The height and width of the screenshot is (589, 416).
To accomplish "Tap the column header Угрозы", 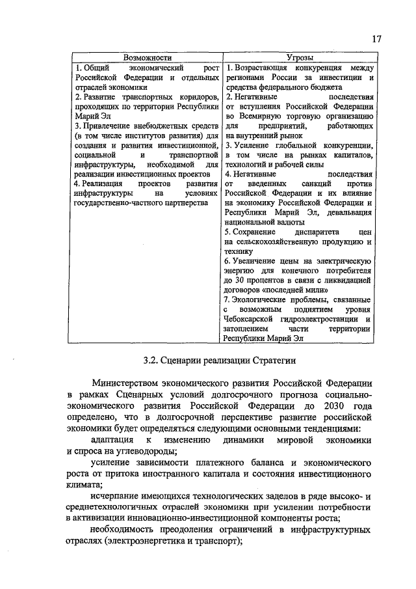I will [300, 58].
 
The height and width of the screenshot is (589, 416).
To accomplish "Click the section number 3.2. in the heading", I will [153, 359].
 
